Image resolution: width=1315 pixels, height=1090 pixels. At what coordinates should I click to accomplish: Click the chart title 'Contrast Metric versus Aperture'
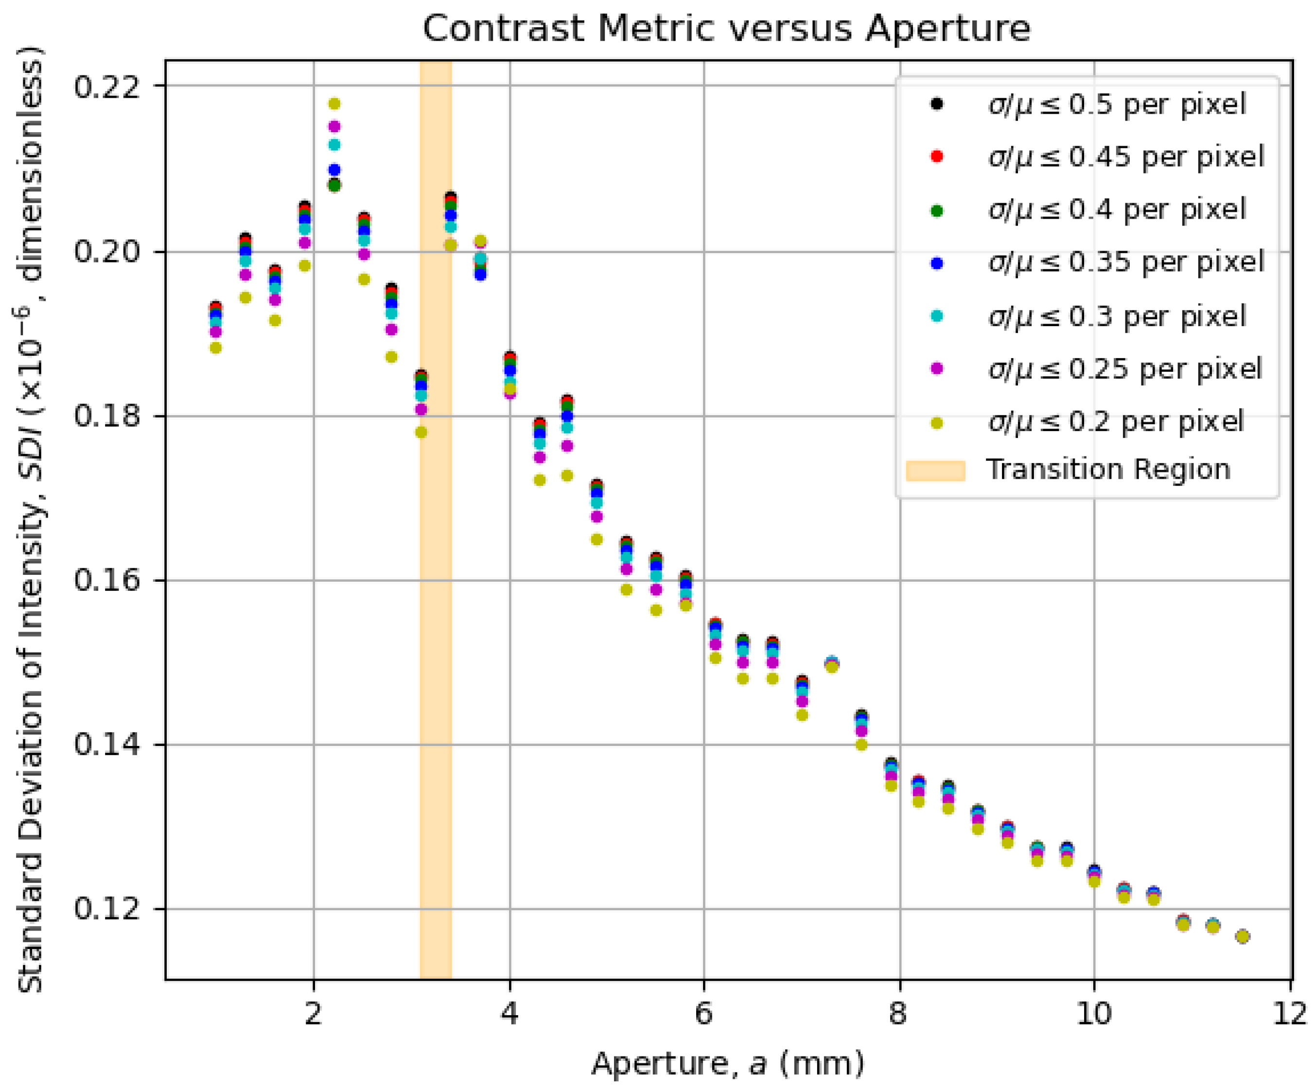[x=726, y=29]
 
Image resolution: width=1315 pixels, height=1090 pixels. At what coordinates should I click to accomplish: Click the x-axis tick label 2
[x=314, y=1012]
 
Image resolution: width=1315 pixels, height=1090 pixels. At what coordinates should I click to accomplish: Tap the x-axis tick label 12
[x=1290, y=1012]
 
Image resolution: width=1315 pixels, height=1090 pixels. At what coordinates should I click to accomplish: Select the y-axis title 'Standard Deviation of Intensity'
[x=30, y=519]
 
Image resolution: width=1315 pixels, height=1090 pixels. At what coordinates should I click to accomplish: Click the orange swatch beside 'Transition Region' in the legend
[x=935, y=471]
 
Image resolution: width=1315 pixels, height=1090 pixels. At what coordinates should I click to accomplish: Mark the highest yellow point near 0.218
[x=334, y=104]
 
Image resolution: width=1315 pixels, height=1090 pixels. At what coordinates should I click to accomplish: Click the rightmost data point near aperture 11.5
[x=1243, y=936]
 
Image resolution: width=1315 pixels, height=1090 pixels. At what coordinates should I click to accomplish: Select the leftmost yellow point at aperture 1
[x=216, y=348]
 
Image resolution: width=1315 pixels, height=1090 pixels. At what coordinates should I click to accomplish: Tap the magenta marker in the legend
[x=937, y=369]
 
